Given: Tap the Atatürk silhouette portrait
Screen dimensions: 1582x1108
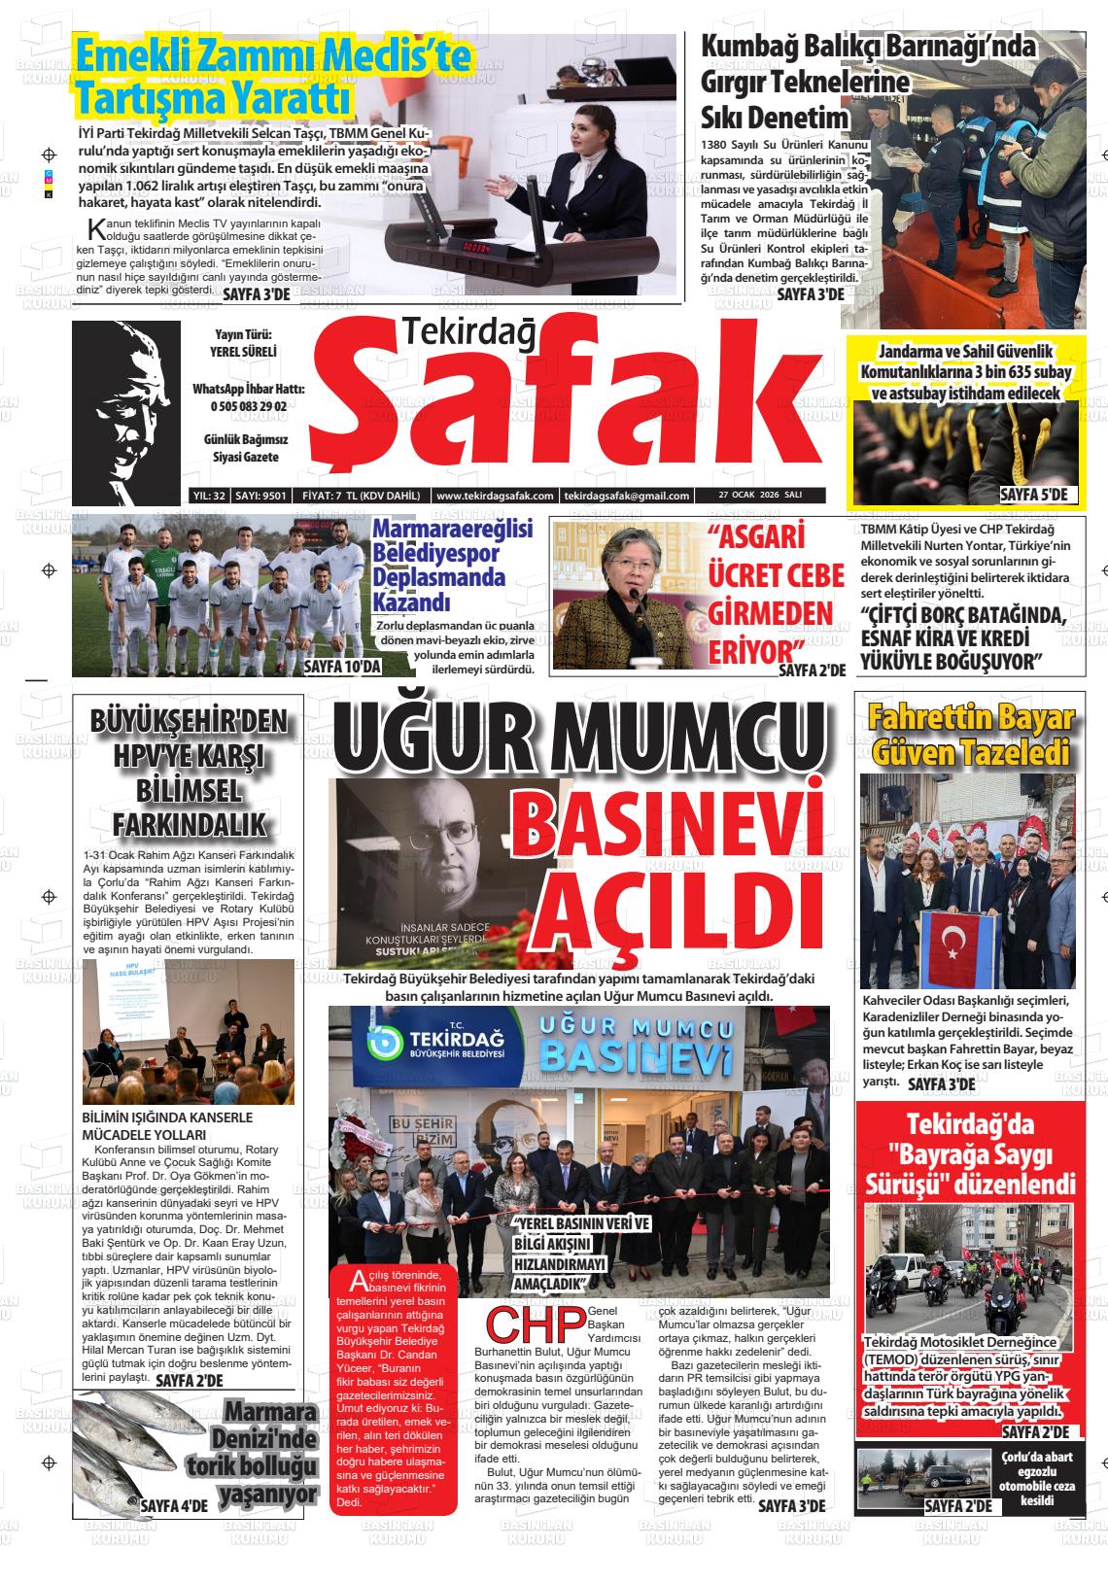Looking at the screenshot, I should click(126, 413).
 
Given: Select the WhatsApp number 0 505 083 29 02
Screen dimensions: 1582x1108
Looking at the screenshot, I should click(249, 406).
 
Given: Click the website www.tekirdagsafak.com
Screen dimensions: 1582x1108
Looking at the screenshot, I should click(495, 496).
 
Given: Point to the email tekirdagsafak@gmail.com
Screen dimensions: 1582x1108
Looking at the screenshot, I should click(626, 496).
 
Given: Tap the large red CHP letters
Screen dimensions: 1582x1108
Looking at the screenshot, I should click(534, 1323).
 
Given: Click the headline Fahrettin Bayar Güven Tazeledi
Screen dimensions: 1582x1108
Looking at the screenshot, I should click(970, 736).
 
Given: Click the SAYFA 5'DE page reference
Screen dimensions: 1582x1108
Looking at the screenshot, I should click(1032, 495).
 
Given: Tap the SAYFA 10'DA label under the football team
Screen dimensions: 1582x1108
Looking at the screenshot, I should click(341, 667).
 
